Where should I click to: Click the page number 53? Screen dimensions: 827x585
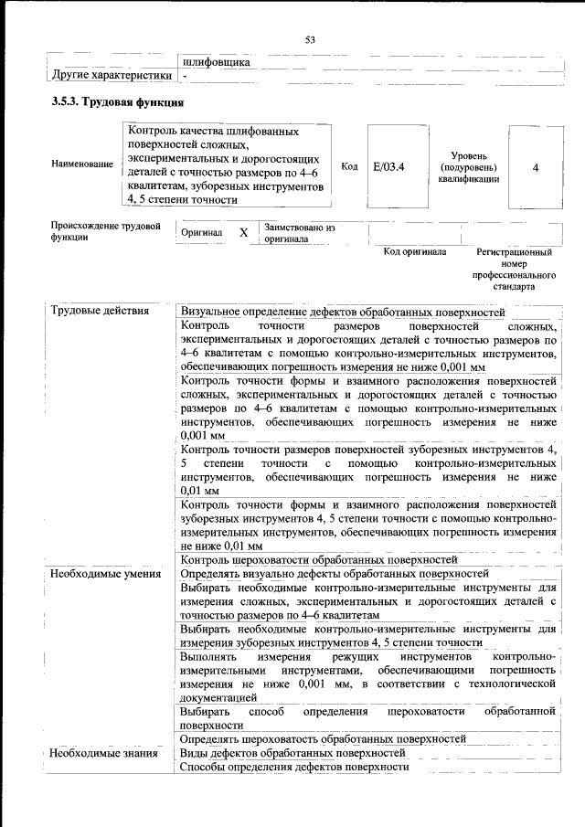click(310, 39)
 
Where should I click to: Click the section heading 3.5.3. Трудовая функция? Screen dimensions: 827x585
click(118, 101)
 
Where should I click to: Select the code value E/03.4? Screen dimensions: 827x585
click(388, 167)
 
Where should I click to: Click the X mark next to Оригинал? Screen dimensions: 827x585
click(243, 233)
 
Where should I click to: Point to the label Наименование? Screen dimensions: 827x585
click(82, 164)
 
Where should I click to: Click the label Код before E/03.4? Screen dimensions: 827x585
click(349, 166)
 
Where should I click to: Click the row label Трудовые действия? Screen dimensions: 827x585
click(100, 312)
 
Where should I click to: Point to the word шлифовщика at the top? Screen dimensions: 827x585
click(217, 61)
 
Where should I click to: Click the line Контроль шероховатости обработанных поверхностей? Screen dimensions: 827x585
click(319, 560)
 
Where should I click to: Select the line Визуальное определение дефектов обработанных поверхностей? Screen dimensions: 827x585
click(343, 312)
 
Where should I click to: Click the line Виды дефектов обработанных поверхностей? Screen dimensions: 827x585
click(292, 753)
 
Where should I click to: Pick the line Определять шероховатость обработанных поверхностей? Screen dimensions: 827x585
click(324, 738)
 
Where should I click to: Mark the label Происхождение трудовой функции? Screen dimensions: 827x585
click(106, 230)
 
